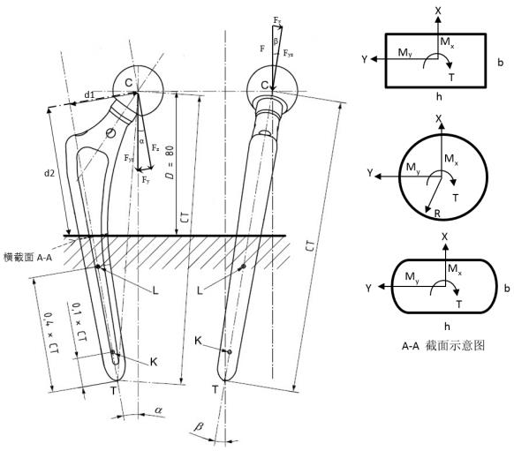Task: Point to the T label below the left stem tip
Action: click(113, 390)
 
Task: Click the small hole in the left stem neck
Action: click(111, 133)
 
